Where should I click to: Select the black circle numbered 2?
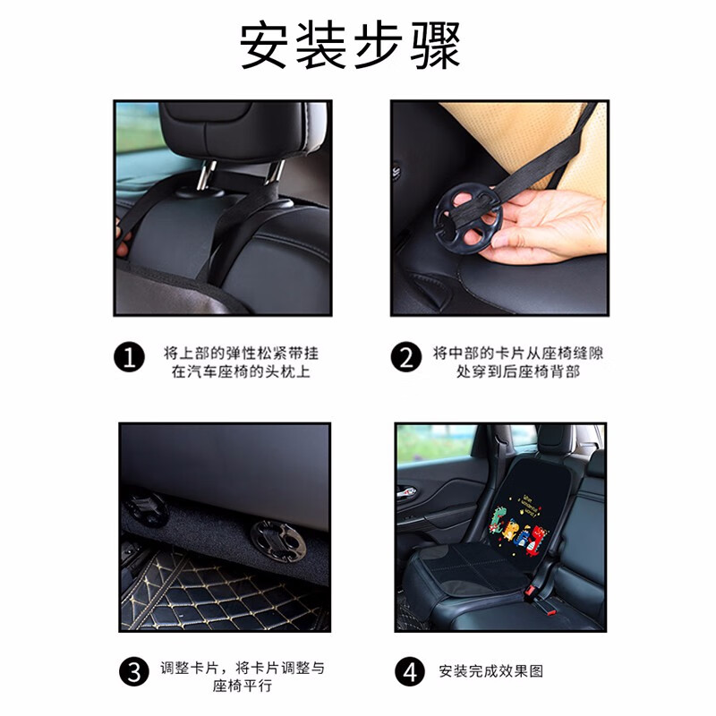[x=406, y=359]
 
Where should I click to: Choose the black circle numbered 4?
[x=407, y=670]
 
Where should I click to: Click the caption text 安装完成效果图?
[x=490, y=670]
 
